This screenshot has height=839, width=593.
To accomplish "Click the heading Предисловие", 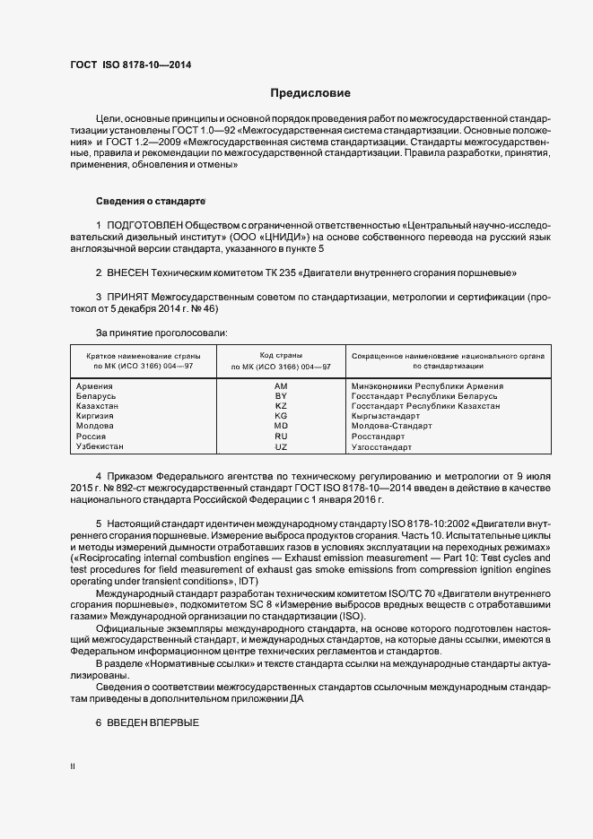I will [x=310, y=93].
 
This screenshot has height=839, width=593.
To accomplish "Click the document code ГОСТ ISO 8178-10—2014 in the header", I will [x=130, y=65].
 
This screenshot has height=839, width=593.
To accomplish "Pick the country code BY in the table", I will [x=281, y=396].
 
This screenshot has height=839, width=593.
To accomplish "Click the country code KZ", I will [x=281, y=406].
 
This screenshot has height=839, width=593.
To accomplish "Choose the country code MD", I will [x=281, y=426].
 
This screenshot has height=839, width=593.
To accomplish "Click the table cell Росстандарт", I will [x=382, y=437].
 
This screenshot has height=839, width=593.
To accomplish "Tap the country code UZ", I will [x=281, y=446].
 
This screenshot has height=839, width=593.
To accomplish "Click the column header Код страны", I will [x=281, y=356].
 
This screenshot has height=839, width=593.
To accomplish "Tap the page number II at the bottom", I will [x=74, y=767].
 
